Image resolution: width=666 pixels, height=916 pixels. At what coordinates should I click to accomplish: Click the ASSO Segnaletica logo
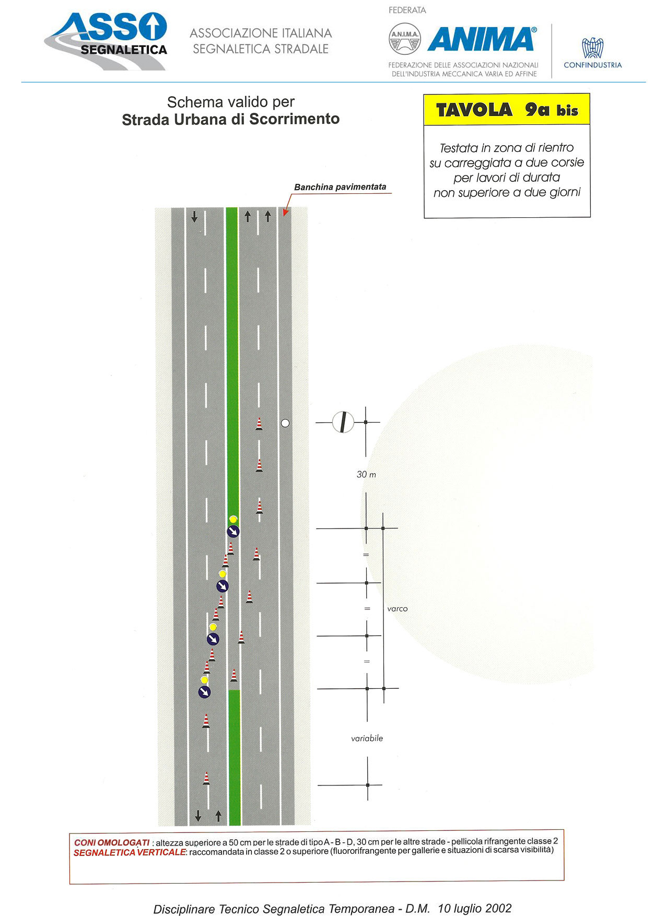tap(106, 41)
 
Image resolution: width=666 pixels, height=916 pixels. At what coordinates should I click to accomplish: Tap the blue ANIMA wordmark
tap(482, 39)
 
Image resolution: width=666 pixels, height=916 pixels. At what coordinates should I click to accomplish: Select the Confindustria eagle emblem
tap(592, 48)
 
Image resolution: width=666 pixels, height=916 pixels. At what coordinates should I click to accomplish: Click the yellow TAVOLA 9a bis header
tap(507, 110)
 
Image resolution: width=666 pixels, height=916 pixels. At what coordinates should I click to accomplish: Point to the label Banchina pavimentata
tap(340, 187)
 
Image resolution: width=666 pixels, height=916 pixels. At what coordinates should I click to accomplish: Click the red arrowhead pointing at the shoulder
tap(285, 212)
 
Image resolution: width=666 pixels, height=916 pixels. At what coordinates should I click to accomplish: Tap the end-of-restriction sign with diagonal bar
tap(343, 422)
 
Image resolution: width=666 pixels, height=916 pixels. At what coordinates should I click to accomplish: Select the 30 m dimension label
tap(366, 475)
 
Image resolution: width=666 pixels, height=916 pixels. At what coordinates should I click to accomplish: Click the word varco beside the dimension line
tap(398, 609)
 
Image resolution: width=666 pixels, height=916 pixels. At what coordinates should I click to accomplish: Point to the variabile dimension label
tap(367, 738)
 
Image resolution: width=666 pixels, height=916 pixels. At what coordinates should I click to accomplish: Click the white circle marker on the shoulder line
tap(285, 423)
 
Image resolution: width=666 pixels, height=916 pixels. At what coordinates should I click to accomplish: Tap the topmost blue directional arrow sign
tap(233, 532)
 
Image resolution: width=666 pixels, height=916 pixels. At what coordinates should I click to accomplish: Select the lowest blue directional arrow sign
tap(204, 692)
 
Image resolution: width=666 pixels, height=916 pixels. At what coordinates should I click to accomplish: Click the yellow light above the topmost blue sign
tap(233, 519)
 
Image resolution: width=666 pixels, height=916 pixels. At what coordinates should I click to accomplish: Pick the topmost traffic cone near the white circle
tap(259, 424)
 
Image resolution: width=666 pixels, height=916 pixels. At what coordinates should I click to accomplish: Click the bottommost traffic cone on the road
tap(206, 778)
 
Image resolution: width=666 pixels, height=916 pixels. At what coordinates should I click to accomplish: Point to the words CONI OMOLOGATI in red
tap(112, 842)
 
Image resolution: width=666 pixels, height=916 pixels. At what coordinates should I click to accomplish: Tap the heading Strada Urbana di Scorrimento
tap(231, 120)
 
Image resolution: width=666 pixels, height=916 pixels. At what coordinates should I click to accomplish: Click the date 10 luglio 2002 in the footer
tap(475, 909)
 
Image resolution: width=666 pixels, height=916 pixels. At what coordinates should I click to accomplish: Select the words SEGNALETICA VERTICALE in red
tap(130, 852)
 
